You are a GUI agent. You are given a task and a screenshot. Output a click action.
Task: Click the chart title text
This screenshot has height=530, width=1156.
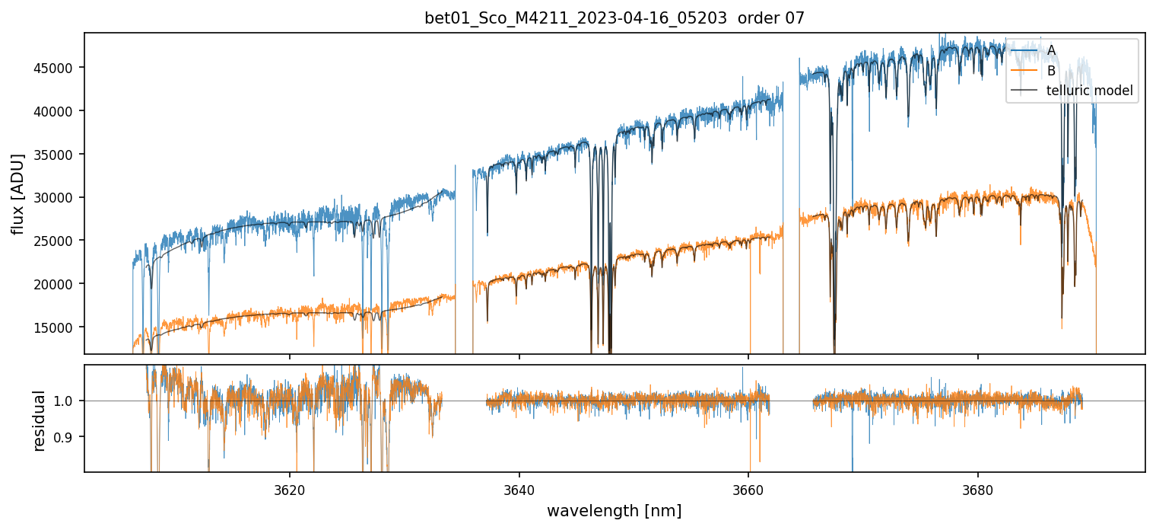coord(615,19)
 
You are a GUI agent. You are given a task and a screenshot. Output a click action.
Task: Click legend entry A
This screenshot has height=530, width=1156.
coord(1051,50)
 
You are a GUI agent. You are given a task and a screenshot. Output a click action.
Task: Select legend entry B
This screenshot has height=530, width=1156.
coord(1051,71)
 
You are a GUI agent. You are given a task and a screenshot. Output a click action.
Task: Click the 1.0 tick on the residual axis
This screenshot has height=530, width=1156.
coord(67,401)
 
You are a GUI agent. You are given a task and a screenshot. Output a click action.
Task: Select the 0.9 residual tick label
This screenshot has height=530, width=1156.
coord(67,437)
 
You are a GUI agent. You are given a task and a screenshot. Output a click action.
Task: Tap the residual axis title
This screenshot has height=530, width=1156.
coord(39,420)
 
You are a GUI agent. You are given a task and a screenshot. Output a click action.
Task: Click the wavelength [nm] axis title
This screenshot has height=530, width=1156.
coord(614,510)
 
